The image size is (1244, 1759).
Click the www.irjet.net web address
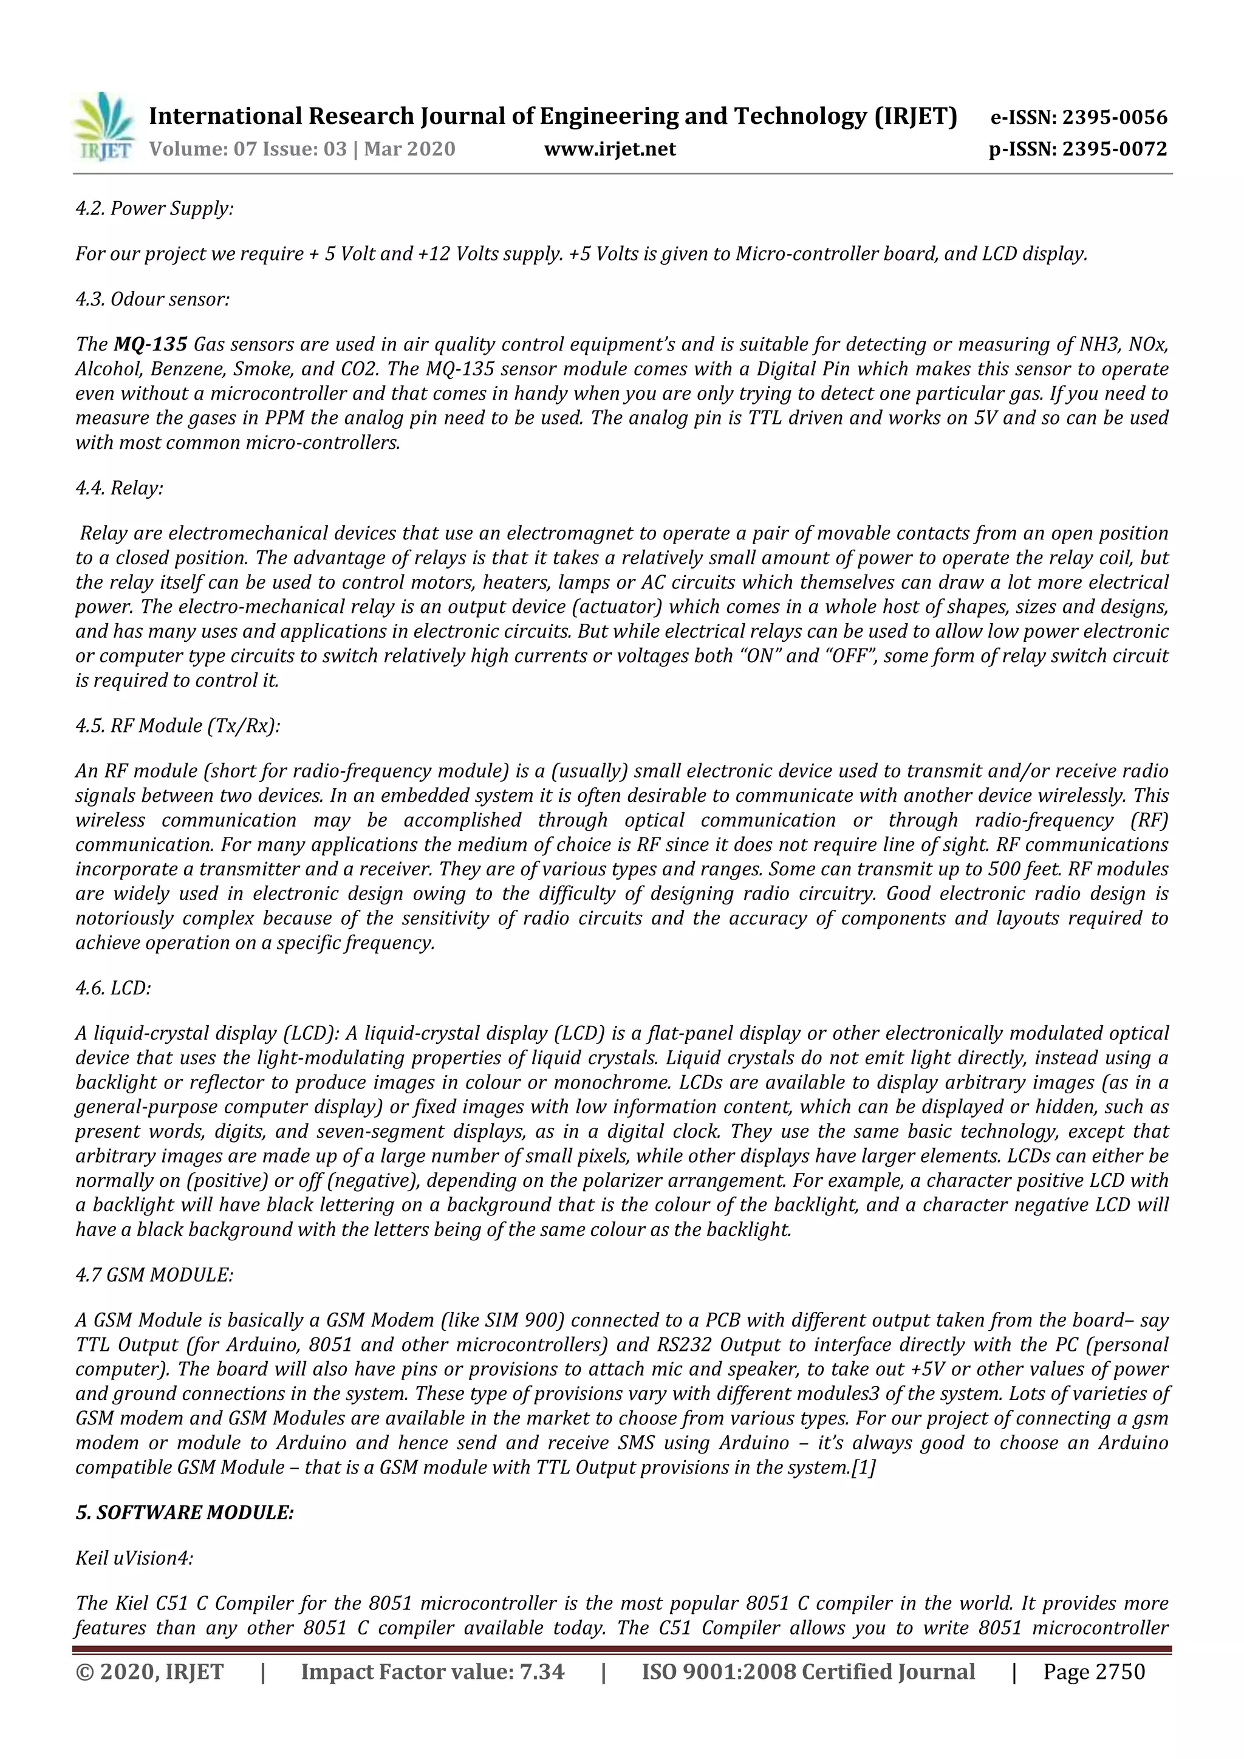[610, 149]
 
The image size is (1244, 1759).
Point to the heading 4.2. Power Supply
[154, 208]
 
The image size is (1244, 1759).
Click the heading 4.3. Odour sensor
[152, 299]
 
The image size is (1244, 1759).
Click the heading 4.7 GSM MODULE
[154, 1275]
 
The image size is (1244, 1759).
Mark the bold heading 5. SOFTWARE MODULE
[185, 1512]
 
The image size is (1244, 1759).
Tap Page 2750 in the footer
[1094, 1671]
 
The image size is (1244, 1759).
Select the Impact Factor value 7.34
[542, 1671]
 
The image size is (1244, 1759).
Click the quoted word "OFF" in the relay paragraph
[842, 656]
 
